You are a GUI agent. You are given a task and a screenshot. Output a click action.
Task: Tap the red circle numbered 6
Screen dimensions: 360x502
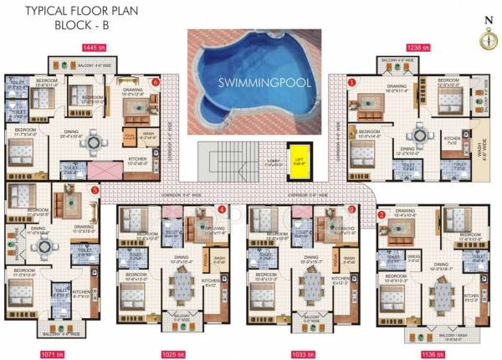click(x=156, y=82)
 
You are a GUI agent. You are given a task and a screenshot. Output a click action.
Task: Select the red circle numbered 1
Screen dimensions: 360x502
click(x=352, y=82)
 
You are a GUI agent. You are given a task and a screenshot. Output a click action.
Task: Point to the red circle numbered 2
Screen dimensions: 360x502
click(x=382, y=214)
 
